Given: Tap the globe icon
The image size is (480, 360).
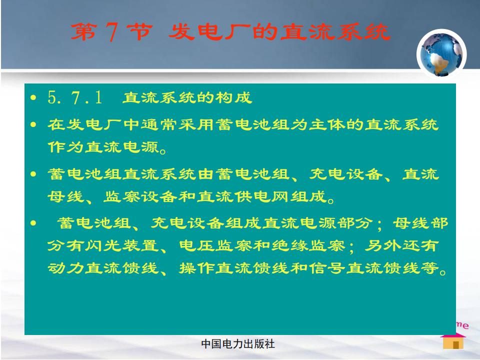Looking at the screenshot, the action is tap(441, 54).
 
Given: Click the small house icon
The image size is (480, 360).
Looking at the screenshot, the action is tap(453, 341).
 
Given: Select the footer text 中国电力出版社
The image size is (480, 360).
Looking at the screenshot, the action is tap(238, 344).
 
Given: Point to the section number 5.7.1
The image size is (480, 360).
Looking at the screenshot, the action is tap(75, 97).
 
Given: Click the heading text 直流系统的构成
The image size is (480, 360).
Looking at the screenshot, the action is tap(187, 97).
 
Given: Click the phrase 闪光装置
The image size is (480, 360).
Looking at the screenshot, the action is tap(122, 245).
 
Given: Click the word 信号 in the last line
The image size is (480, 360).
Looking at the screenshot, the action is tap(326, 268).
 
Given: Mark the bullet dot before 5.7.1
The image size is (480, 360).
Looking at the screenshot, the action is tap(33, 98).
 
